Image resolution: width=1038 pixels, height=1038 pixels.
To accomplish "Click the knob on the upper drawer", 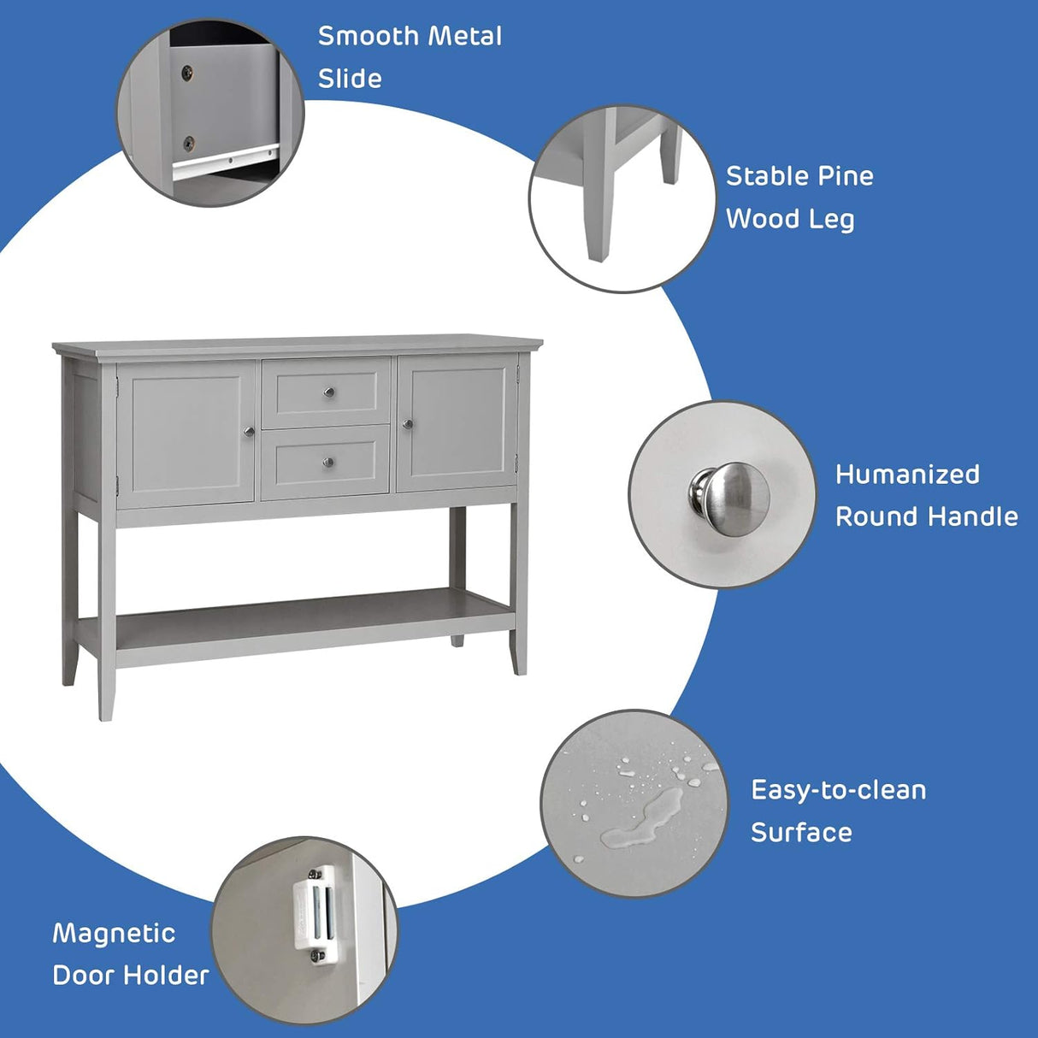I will pos(327,392).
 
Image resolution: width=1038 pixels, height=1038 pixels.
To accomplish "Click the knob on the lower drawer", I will pos(327,463).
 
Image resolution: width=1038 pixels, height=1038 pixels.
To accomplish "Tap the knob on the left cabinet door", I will pos(249,431).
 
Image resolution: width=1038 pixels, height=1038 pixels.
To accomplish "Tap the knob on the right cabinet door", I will pos(407,423).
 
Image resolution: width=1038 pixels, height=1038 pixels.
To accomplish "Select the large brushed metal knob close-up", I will pos(729,492).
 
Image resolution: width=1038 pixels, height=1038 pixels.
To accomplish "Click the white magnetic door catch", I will pos(314,912).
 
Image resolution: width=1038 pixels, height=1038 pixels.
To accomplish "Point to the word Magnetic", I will pos(114,933).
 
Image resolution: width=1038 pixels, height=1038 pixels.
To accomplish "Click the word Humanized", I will pos(907,475).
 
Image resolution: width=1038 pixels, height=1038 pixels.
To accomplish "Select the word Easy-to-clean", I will pos(838,790).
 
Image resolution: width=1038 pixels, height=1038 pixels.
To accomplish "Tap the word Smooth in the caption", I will pos(369,37).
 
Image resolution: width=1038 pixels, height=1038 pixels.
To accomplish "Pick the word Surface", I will pos(801,833).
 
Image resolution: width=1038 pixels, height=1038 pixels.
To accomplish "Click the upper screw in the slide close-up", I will pos(187,73).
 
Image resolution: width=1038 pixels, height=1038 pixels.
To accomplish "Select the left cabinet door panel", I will pos(186,433).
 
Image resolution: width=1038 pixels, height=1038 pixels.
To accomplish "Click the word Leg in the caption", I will pos(831,220).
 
